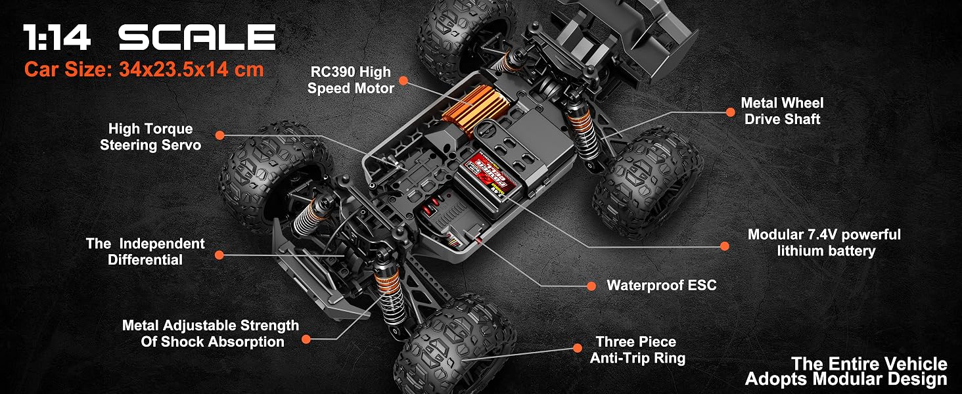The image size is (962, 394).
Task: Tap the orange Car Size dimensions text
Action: coord(144,70)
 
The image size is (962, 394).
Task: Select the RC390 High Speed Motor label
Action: coord(350,80)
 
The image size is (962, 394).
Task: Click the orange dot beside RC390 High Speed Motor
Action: coord(403,80)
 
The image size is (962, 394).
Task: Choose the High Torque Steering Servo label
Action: coord(150,137)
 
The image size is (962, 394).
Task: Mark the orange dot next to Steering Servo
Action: coord(220,135)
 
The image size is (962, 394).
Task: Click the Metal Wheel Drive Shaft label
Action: coord(782,111)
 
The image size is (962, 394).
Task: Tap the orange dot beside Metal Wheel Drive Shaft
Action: coord(730,112)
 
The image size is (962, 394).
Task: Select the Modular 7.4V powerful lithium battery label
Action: coord(824,242)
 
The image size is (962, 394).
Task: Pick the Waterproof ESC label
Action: coord(661,286)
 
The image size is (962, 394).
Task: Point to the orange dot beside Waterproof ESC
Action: coord(591,286)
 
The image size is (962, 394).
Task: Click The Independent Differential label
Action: coord(145,252)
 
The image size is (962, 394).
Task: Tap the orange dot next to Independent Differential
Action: coord(219,255)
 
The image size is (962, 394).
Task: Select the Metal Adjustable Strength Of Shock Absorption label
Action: coord(210,334)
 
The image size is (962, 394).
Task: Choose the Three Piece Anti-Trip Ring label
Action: coord(637,350)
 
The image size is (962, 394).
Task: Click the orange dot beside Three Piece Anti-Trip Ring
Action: coord(578,347)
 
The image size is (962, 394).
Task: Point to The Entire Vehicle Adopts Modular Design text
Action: coord(846,372)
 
